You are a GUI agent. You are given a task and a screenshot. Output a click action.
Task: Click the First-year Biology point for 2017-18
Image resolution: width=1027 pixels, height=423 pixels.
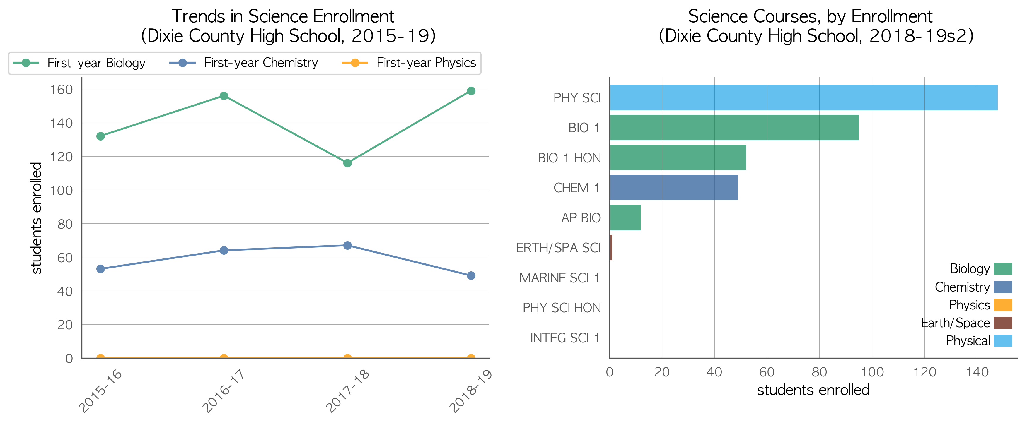(x=347, y=163)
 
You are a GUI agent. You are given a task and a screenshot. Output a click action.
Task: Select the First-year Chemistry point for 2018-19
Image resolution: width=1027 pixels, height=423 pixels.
(x=471, y=276)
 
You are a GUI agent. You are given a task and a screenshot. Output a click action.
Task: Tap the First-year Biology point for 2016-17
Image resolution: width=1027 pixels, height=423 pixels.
(x=224, y=96)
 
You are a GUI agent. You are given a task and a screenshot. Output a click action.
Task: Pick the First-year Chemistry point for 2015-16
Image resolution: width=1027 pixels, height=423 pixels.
(x=100, y=269)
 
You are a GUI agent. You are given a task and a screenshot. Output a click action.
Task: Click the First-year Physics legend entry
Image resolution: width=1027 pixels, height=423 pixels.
(x=409, y=63)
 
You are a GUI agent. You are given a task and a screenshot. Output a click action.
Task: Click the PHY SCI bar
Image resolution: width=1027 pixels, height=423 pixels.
(x=803, y=97)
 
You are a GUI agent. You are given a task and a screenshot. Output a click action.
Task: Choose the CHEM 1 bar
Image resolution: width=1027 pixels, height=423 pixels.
(x=674, y=188)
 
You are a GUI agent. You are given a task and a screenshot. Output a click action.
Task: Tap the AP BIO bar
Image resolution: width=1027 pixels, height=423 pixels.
(x=625, y=218)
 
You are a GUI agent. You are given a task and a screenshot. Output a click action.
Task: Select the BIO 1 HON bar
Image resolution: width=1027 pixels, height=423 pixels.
(x=678, y=158)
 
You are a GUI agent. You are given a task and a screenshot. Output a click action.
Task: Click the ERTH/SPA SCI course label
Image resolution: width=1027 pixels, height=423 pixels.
(x=558, y=248)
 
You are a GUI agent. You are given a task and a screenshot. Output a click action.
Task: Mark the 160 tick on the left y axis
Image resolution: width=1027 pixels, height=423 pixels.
(x=61, y=90)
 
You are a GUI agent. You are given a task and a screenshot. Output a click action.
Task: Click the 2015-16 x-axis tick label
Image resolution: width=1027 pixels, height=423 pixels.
(x=100, y=391)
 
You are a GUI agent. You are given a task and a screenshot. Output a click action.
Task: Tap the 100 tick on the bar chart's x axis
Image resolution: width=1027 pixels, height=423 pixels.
(x=872, y=372)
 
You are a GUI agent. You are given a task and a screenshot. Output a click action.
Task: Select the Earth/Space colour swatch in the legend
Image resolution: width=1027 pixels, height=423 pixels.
(x=1003, y=323)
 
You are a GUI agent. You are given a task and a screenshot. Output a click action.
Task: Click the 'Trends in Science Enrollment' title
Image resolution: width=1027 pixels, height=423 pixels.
(x=283, y=16)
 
